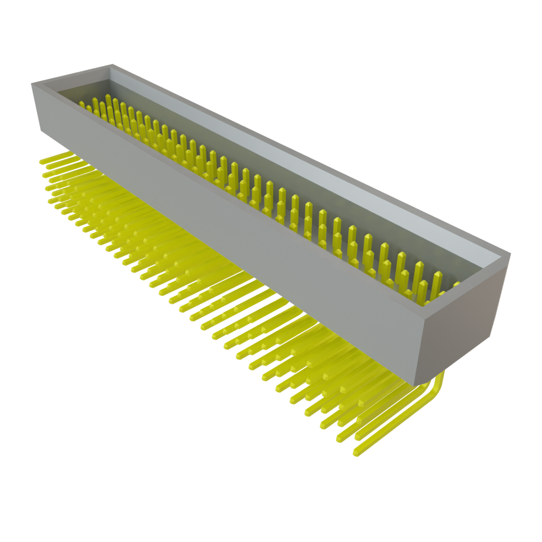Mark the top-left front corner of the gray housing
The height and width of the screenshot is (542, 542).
point(32,84)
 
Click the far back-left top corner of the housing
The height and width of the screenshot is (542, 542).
point(111,65)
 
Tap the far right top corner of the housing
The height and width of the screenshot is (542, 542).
point(510,254)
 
